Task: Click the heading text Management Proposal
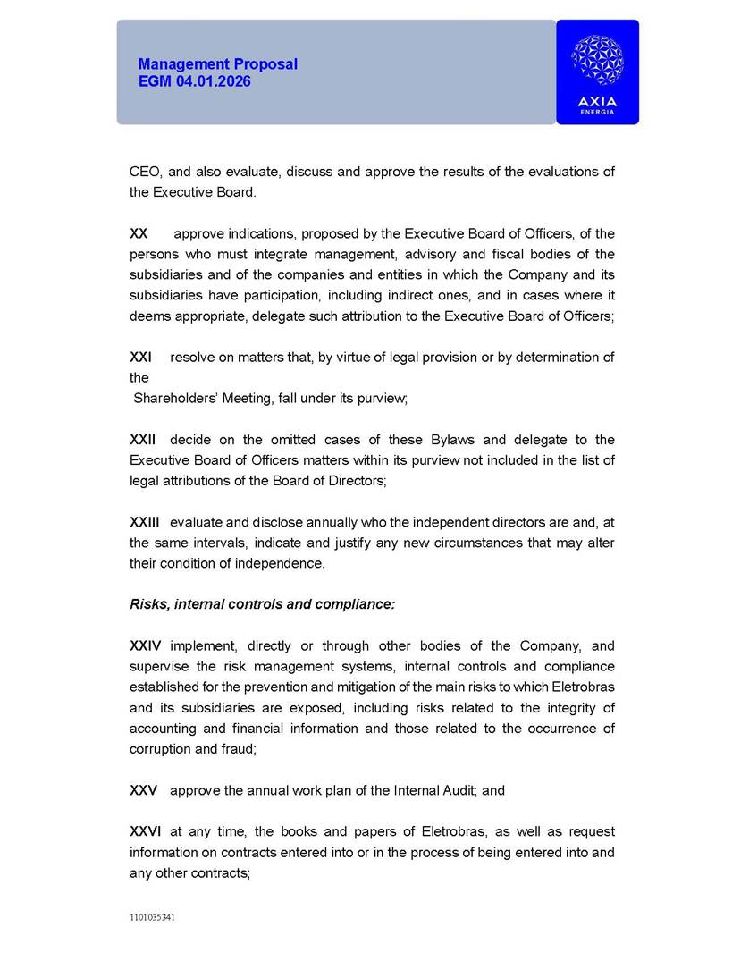point(217,64)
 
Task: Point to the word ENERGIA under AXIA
point(597,112)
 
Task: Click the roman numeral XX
point(139,233)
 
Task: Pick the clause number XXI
point(140,358)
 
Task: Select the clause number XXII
point(143,440)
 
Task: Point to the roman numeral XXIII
point(145,522)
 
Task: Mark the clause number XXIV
point(146,646)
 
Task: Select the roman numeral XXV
point(143,791)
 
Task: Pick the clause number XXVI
point(146,832)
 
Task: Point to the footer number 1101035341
point(153,917)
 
